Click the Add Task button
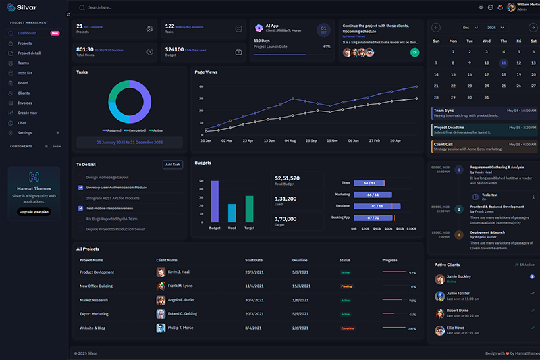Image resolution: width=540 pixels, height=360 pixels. (x=173, y=164)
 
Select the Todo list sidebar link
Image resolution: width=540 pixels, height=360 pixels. (x=26, y=73)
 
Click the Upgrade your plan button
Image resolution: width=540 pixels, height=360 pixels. (x=34, y=212)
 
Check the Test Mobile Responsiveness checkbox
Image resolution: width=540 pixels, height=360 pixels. (x=81, y=209)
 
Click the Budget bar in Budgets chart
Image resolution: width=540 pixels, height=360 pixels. (x=215, y=201)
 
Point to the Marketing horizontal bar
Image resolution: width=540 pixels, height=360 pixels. (x=369, y=194)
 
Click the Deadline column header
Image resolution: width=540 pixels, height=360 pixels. (x=300, y=259)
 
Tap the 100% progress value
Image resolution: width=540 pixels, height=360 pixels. (x=412, y=328)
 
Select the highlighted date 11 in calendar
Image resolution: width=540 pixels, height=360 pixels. (x=503, y=63)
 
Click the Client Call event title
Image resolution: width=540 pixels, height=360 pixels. (x=443, y=143)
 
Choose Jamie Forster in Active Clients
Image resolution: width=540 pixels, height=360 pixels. (x=458, y=294)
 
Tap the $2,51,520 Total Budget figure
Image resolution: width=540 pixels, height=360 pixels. (x=287, y=178)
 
